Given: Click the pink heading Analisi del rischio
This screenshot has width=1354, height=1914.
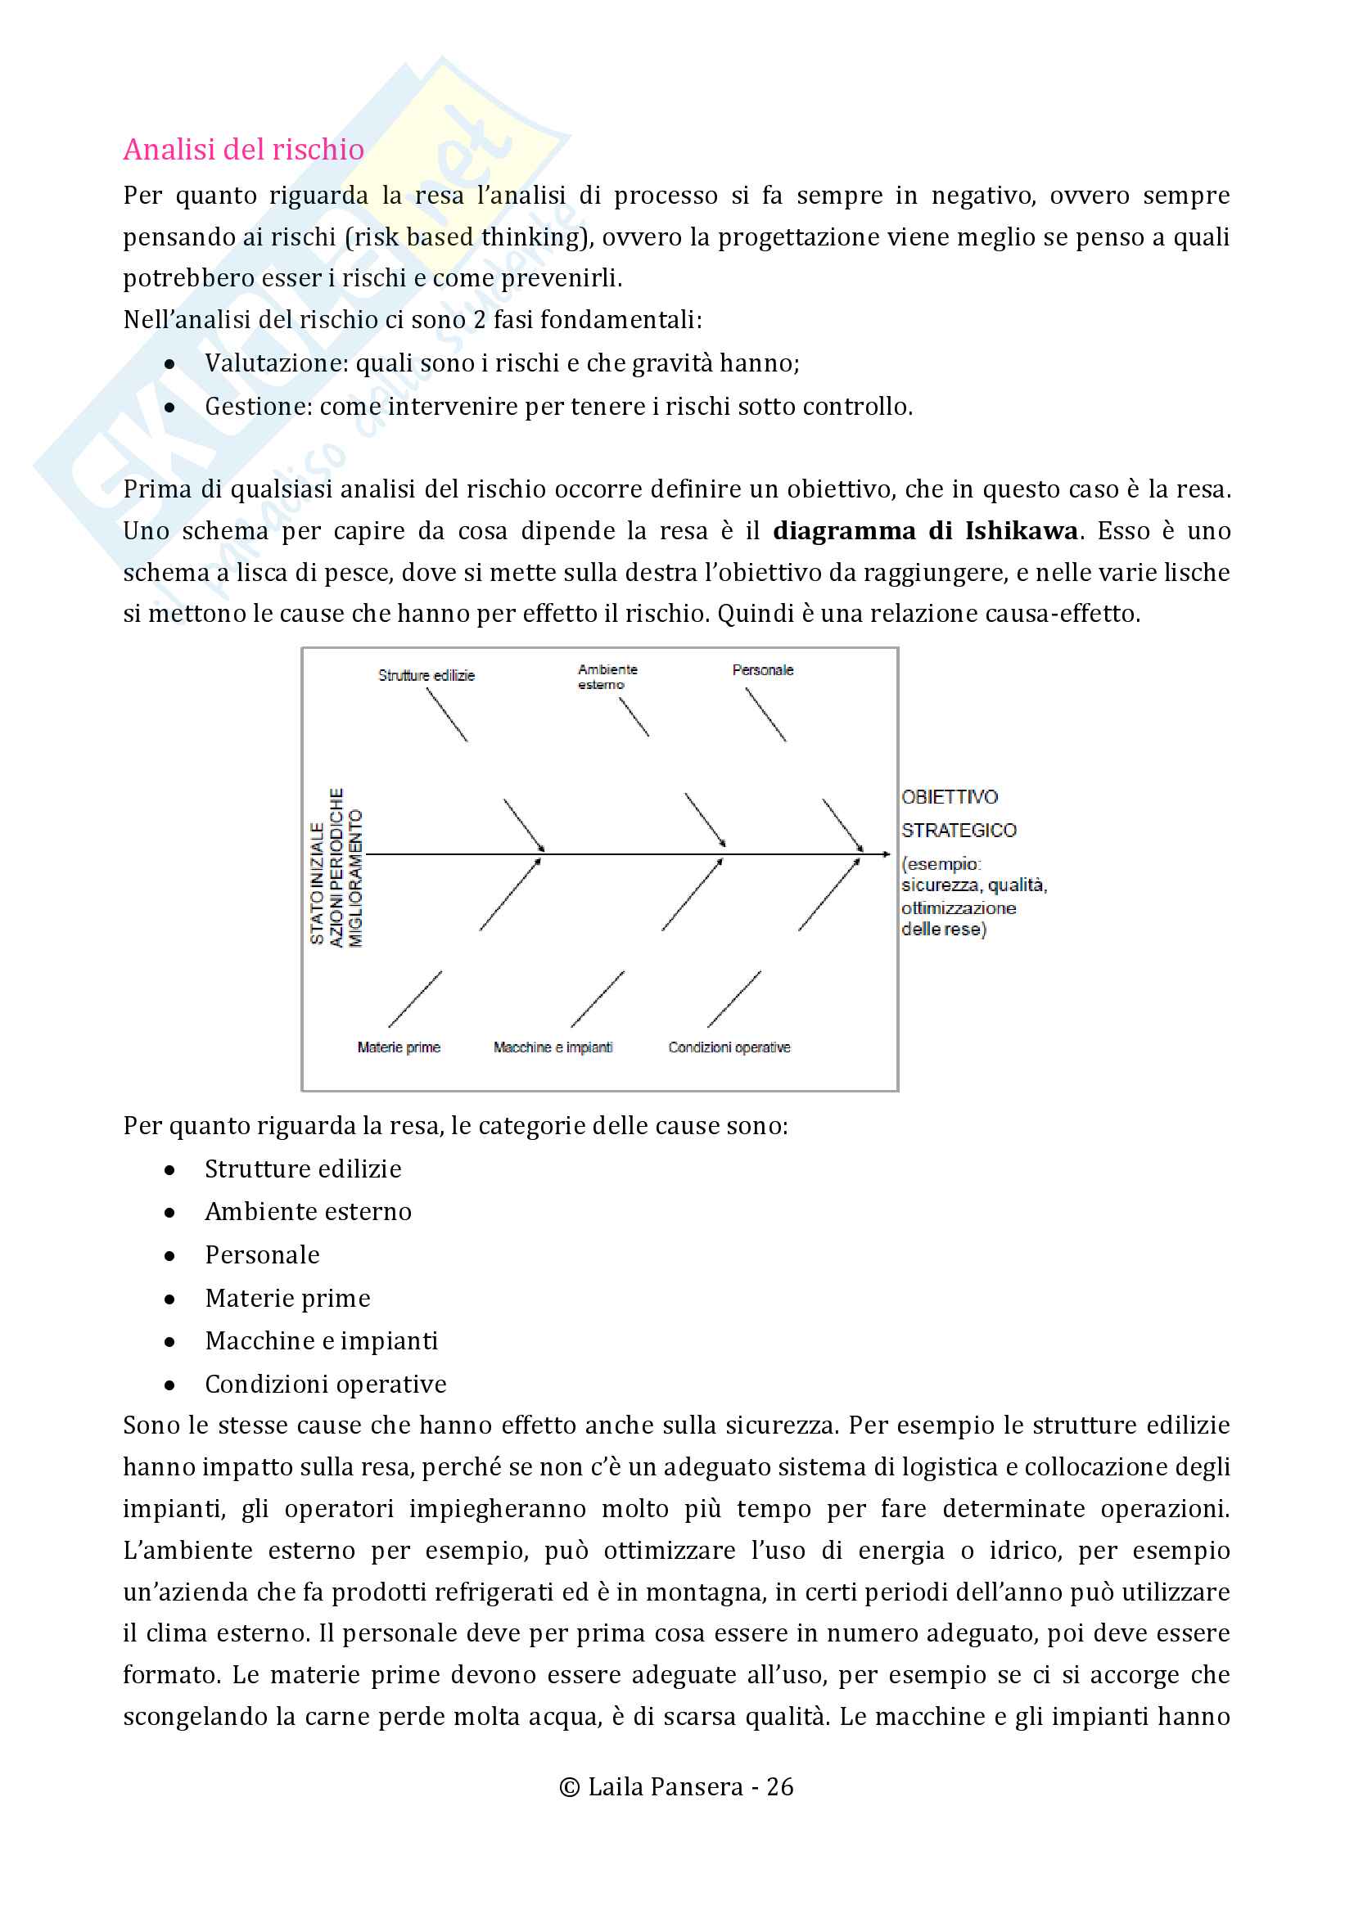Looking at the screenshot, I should pyautogui.click(x=243, y=149).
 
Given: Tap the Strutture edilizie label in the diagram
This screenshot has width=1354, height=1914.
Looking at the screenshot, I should pyautogui.click(x=426, y=675).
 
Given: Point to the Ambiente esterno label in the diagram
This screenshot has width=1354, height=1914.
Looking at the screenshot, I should pyautogui.click(x=607, y=677).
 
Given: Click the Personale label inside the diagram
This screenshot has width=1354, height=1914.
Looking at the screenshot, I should pyautogui.click(x=762, y=670).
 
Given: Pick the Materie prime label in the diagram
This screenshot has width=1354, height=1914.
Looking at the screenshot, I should pyautogui.click(x=399, y=1047).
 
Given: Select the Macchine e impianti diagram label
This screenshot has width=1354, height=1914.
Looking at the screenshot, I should pyautogui.click(x=553, y=1047).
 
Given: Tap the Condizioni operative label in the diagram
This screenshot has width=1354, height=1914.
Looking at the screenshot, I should pyautogui.click(x=729, y=1047).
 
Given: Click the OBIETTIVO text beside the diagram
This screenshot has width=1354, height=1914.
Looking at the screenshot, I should pyautogui.click(x=949, y=797).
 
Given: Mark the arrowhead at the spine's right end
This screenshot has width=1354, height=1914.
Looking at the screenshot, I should pyautogui.click(x=887, y=854).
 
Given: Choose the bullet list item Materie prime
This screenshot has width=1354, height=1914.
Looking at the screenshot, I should pyautogui.click(x=287, y=1299).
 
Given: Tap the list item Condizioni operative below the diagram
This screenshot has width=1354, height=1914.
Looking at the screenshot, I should pyautogui.click(x=325, y=1385).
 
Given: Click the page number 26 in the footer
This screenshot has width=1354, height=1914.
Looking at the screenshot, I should pyautogui.click(x=779, y=1786).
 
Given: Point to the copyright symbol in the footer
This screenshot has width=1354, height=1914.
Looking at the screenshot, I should pyautogui.click(x=570, y=1787).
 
